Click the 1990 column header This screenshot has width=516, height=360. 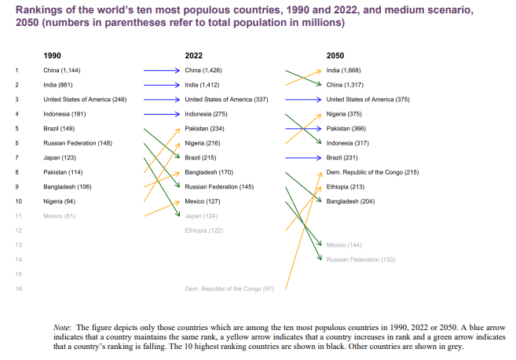click(x=52, y=56)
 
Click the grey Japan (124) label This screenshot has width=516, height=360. click(x=200, y=215)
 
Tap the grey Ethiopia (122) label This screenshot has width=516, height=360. click(x=204, y=230)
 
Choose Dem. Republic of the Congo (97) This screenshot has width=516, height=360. click(x=229, y=288)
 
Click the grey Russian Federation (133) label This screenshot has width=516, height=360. click(x=360, y=259)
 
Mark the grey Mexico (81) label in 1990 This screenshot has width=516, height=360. click(x=59, y=215)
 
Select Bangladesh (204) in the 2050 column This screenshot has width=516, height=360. click(x=350, y=201)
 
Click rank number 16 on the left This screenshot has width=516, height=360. click(x=17, y=288)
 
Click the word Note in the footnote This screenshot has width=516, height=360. click(x=61, y=326)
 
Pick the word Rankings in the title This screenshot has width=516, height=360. click(x=39, y=10)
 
